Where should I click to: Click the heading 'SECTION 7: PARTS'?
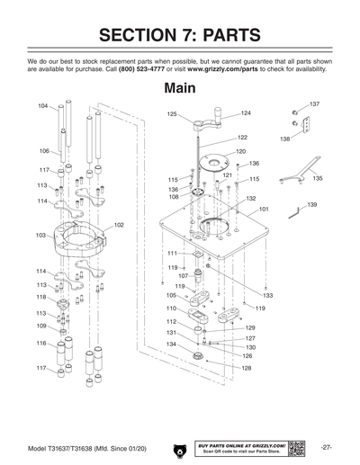[x=180, y=35]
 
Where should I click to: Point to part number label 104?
[x=42, y=106]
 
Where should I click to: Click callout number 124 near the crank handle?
[x=246, y=113]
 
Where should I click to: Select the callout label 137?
[x=314, y=105]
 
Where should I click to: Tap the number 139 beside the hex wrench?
[x=311, y=205]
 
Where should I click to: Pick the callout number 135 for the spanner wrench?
[x=317, y=179]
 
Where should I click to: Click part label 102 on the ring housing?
[x=118, y=224]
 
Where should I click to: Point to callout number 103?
[x=40, y=235]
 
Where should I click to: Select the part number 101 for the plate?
[x=264, y=209]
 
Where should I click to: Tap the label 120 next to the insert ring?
[x=240, y=151]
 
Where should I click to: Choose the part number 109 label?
[x=40, y=326]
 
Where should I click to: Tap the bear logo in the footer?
[x=175, y=448]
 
